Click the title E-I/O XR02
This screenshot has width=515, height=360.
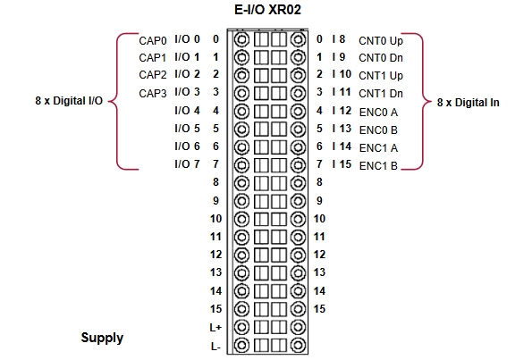pyautogui.click(x=267, y=10)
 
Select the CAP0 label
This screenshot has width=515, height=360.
pyautogui.click(x=153, y=41)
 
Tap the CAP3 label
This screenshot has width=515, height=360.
pyautogui.click(x=153, y=94)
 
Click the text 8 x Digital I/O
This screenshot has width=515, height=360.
pyautogui.click(x=69, y=101)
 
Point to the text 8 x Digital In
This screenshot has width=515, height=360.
pyautogui.click(x=468, y=103)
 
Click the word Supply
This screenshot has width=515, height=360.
pyautogui.click(x=102, y=338)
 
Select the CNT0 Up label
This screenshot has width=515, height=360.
pyautogui.click(x=381, y=41)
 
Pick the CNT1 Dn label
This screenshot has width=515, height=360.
pyautogui.click(x=381, y=94)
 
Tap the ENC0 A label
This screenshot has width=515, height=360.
pyautogui.click(x=378, y=113)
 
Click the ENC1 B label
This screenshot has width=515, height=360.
pyautogui.click(x=378, y=166)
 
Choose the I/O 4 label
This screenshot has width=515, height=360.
pyautogui.click(x=187, y=111)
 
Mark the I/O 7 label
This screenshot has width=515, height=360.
pyautogui.click(x=187, y=164)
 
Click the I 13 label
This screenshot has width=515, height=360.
pyautogui.click(x=342, y=129)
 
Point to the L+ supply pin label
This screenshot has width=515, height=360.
pyautogui.click(x=215, y=328)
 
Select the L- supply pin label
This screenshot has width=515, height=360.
pyautogui.click(x=215, y=347)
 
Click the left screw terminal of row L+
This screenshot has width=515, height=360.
pyautogui.click(x=241, y=327)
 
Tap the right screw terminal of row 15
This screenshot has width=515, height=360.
pyautogui.click(x=298, y=309)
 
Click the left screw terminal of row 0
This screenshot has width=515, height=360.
pyautogui.click(x=241, y=39)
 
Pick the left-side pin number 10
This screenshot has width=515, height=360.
pyautogui.click(x=215, y=219)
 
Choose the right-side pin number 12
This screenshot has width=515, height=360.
pyautogui.click(x=319, y=255)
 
